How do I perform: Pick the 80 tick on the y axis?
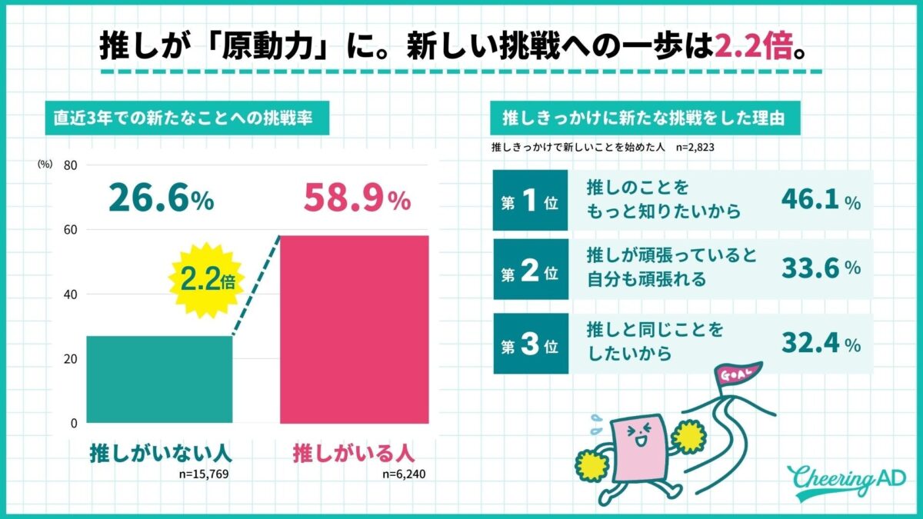(x=70, y=165)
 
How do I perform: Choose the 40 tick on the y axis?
(x=70, y=294)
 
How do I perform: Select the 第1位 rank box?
(x=530, y=200)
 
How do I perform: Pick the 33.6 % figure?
(x=820, y=268)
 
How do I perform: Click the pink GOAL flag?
(x=735, y=374)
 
